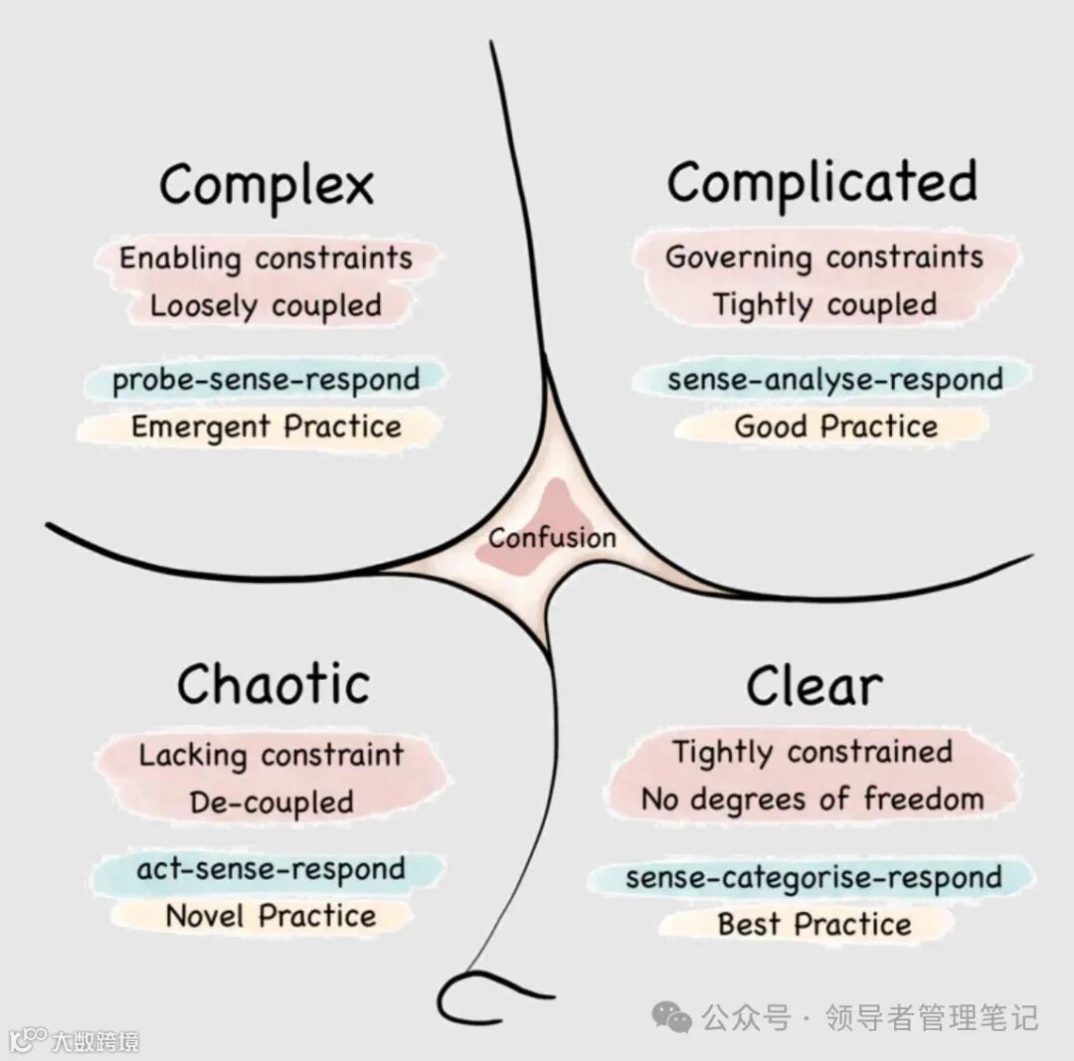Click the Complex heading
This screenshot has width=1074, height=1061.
point(267,185)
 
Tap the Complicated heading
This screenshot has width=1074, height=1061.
point(822,183)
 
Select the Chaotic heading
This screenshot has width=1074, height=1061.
point(273,684)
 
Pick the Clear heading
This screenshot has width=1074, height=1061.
point(814,685)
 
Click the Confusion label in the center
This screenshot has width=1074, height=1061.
point(552,538)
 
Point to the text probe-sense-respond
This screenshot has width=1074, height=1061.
point(266,380)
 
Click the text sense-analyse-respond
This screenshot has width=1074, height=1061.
point(834,380)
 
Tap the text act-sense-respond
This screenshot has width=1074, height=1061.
point(270,869)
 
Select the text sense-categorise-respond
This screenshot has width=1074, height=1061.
point(813,878)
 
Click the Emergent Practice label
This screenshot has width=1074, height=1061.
point(267,428)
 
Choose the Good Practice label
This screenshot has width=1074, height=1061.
point(835,427)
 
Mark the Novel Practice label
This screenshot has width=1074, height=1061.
point(270,916)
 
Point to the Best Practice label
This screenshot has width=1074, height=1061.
point(814,924)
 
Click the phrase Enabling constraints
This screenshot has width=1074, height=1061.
point(266,259)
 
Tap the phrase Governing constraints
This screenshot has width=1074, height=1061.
point(823,258)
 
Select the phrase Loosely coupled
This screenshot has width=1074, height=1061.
point(266,305)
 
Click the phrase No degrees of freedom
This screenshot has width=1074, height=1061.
point(812,798)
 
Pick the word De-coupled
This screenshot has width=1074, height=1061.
point(271,802)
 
